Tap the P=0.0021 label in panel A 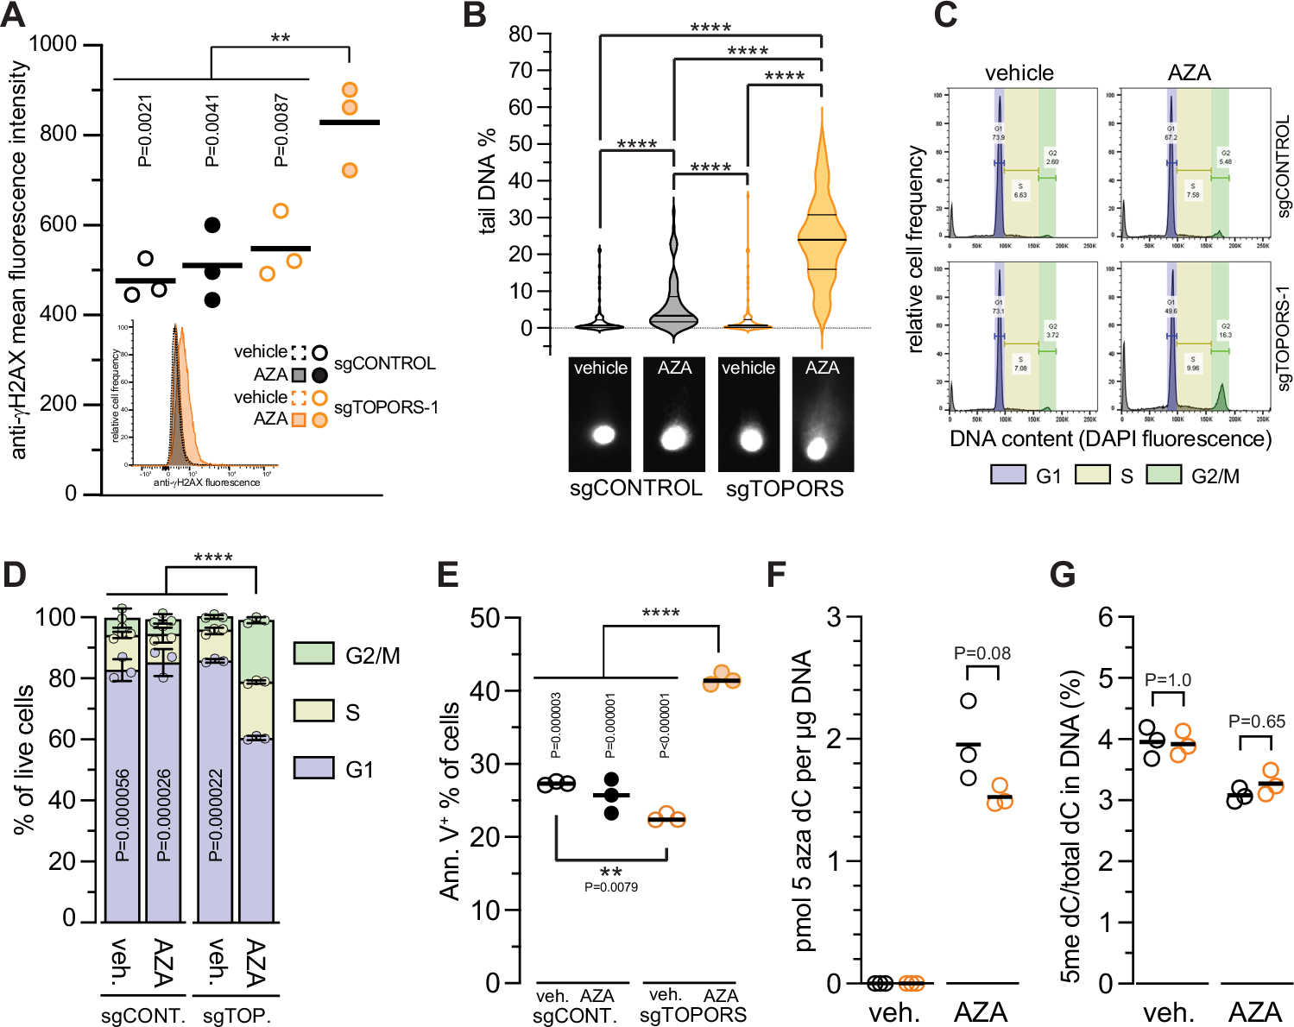(144, 130)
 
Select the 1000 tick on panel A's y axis (53, 44)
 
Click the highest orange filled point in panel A (350, 90)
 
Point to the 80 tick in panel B (521, 34)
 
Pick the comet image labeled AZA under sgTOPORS (822, 414)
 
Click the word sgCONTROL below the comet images (635, 488)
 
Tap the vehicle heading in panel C (1019, 73)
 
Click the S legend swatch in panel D (313, 711)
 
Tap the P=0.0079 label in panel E (610, 887)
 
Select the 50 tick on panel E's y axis (485, 618)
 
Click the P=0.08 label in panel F (982, 653)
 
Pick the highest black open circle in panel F (969, 701)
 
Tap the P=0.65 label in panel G (1256, 721)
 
